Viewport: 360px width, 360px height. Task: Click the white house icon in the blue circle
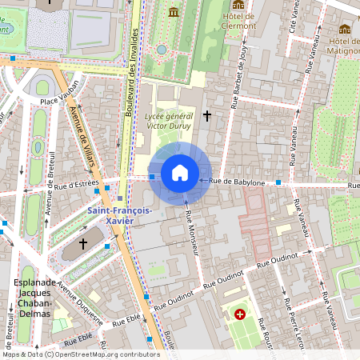pyautogui.click(x=180, y=173)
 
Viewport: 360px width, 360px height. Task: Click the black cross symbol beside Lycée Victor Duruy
pyautogui.click(x=207, y=117)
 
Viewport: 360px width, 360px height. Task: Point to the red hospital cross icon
pyautogui.click(x=240, y=314)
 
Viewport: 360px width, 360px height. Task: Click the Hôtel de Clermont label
pyautogui.click(x=238, y=21)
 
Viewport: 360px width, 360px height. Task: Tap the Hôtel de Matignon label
pyautogui.click(x=344, y=46)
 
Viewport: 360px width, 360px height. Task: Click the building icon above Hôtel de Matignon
pyautogui.click(x=345, y=29)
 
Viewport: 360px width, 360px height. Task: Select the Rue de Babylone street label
pyautogui.click(x=238, y=182)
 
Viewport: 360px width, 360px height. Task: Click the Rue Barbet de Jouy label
pyautogui.click(x=238, y=78)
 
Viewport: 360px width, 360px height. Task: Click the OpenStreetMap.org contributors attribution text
pyautogui.click(x=106, y=354)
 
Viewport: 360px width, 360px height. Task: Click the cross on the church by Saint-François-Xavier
pyautogui.click(x=83, y=242)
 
